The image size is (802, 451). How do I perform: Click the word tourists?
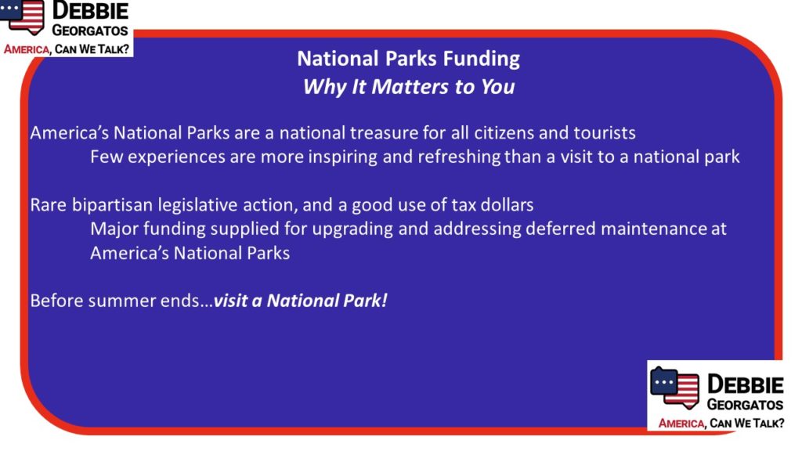pos(605,133)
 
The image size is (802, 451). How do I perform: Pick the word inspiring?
pos(342,157)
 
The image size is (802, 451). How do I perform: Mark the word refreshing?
pos(459,157)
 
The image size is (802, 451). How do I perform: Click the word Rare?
pos(49,205)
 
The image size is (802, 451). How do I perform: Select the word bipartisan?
pos(112,206)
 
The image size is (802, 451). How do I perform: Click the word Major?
pos(114,229)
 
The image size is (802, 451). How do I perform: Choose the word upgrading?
pos(352,229)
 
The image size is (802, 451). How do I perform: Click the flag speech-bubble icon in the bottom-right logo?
pos(674,388)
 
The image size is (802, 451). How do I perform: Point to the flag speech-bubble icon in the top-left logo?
pos(23,16)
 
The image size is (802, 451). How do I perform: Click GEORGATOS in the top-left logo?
pos(90,31)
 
